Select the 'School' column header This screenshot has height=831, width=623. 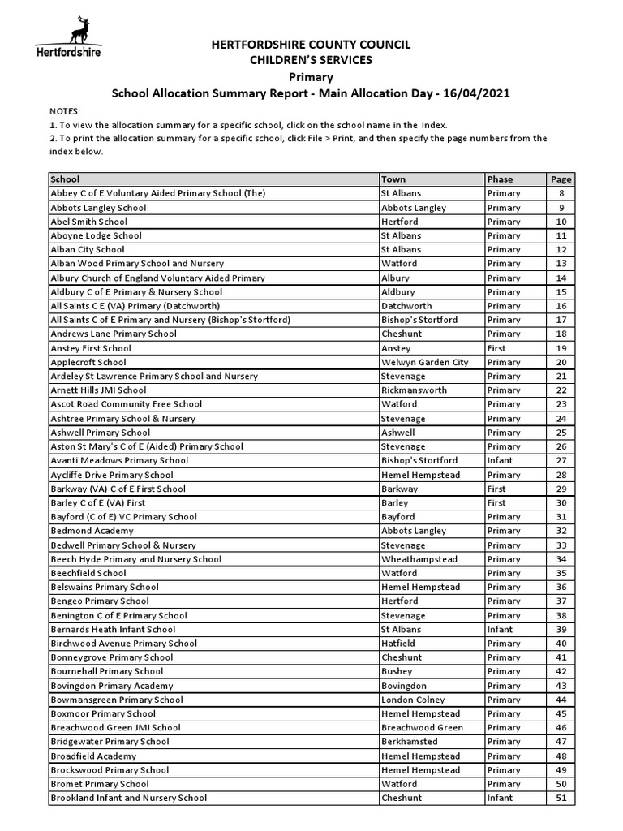65,179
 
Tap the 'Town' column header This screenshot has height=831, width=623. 393,179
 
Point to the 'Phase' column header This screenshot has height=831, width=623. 500,179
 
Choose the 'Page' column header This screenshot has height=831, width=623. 561,179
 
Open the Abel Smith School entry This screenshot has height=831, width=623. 89,222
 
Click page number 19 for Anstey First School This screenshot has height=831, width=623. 561,348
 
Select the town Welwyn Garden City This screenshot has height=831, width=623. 424,363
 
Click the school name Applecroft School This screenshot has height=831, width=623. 88,363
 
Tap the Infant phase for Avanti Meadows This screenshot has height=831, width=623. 500,461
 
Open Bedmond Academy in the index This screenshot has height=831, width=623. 92,531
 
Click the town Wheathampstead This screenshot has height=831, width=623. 419,559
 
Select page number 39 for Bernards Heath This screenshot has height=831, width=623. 561,630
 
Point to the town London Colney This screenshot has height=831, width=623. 413,700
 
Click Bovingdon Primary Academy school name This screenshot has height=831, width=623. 112,686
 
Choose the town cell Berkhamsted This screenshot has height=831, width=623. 409,742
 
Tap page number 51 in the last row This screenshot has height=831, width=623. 561,798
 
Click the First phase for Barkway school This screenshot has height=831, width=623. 496,489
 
